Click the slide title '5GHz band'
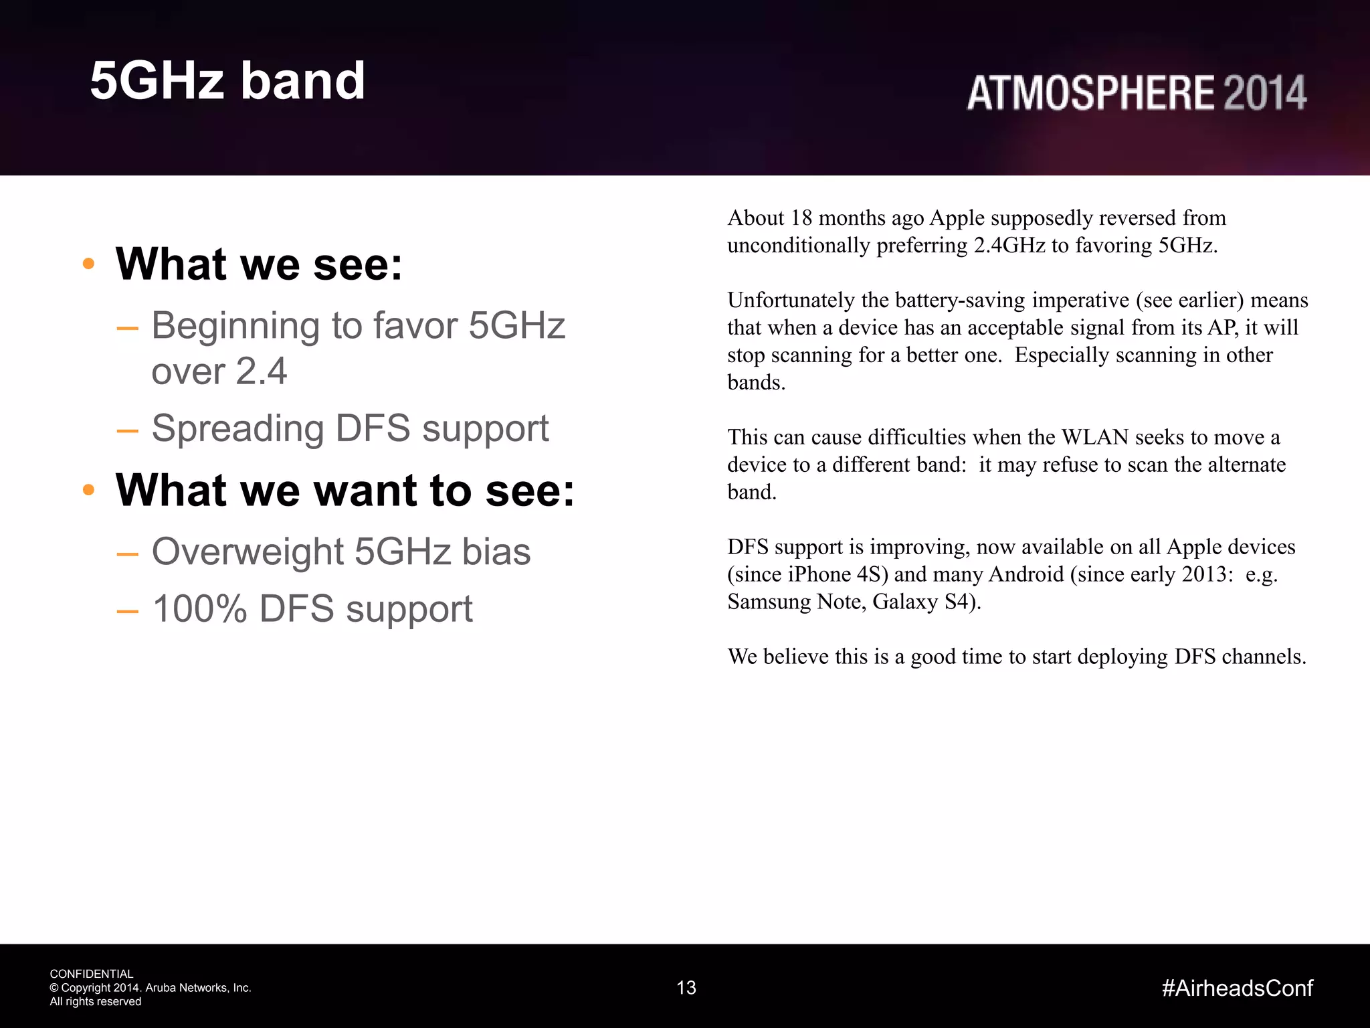tap(227, 80)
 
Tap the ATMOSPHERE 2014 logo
tap(1136, 92)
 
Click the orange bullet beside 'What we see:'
tap(88, 264)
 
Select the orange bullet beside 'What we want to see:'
tap(88, 490)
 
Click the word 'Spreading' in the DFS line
tap(237, 428)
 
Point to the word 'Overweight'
tap(248, 551)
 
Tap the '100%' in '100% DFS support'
tap(199, 609)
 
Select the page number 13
tap(686, 988)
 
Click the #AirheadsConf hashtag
tap(1238, 988)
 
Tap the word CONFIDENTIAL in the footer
tap(92, 974)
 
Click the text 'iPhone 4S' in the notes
tap(836, 575)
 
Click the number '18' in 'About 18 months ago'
tap(801, 218)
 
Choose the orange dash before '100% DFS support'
tap(127, 610)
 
